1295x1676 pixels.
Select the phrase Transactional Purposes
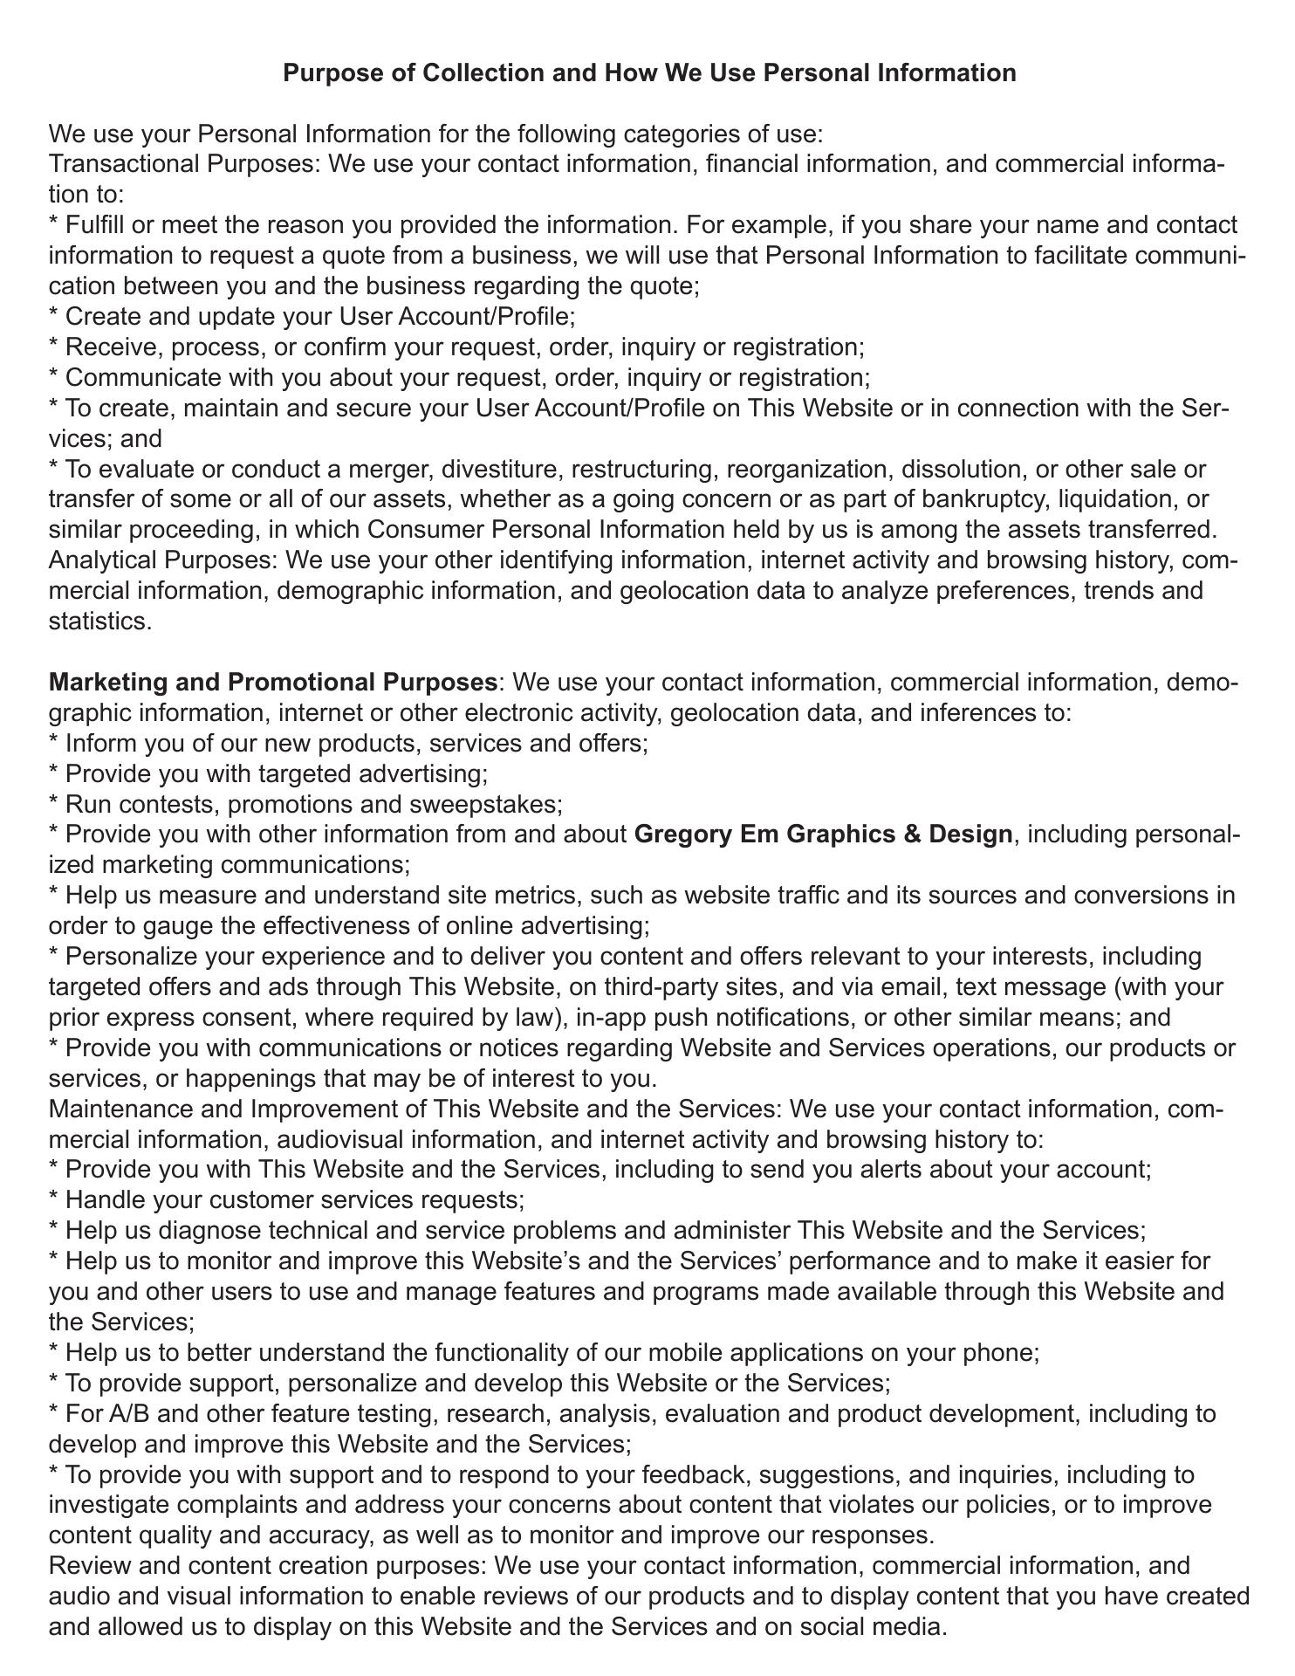184,165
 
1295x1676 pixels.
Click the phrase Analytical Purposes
161,560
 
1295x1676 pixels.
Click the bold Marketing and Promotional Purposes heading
272,682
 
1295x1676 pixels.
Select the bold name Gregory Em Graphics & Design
823,835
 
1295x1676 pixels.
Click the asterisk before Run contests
54,804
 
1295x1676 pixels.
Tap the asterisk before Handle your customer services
54,1201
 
